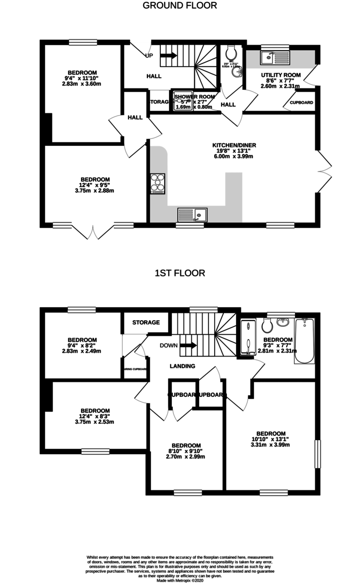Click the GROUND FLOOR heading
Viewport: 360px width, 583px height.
(x=180, y=6)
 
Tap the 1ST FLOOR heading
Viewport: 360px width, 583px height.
(x=180, y=273)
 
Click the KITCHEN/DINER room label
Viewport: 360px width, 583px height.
(x=234, y=145)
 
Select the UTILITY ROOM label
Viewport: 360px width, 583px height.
(x=281, y=75)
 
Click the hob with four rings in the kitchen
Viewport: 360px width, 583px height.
(x=158, y=183)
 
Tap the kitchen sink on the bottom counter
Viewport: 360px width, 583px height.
(x=192, y=214)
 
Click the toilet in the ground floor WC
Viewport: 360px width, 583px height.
(x=230, y=51)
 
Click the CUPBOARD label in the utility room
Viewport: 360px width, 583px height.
(x=301, y=103)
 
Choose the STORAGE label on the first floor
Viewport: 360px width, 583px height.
(x=146, y=322)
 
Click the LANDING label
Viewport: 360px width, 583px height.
(x=183, y=366)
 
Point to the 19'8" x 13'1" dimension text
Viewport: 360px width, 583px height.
(x=234, y=151)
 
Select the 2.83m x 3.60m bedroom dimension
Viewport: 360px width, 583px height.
(x=82, y=84)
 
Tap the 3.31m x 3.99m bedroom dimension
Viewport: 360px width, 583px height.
(x=271, y=445)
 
